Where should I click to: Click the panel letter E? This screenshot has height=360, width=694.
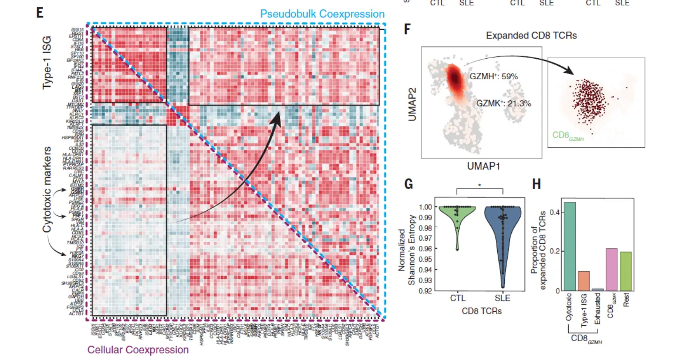[40, 12]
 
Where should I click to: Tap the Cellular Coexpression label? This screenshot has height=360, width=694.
[138, 350]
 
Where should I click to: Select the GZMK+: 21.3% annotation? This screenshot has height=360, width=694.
[503, 103]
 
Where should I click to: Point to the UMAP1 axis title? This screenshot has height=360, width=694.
[483, 166]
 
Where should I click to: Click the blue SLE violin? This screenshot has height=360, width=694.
[502, 235]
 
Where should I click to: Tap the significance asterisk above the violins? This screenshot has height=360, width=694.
[479, 186]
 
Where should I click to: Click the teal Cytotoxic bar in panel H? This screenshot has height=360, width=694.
[571, 246]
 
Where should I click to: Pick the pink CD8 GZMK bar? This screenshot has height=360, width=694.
[611, 269]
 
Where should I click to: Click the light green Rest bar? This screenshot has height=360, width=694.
[625, 271]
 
